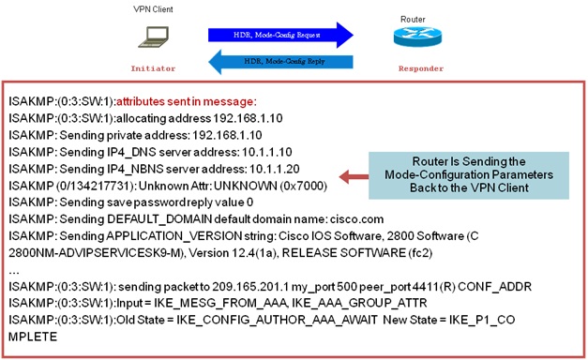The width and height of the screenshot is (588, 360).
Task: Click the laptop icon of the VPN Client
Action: point(151,36)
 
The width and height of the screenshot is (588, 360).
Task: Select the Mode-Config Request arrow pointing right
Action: point(280,35)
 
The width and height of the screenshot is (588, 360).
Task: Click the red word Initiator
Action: point(152,68)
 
